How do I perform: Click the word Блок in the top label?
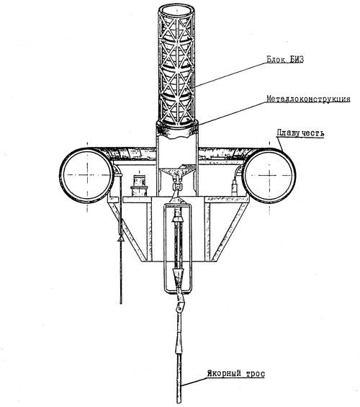click(x=276, y=60)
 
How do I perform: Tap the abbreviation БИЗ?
click(x=296, y=60)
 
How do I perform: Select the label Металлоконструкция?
click(x=308, y=99)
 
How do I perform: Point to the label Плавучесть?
click(x=300, y=133)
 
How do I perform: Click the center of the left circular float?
click(x=87, y=175)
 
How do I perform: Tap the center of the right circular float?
click(x=269, y=176)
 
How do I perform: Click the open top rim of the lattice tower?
click(x=177, y=11)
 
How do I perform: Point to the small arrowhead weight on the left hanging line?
click(x=121, y=238)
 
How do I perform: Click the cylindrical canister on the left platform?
click(x=139, y=185)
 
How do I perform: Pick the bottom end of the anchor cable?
click(x=179, y=402)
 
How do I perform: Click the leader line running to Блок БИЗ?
click(x=231, y=74)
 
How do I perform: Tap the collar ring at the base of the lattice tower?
click(x=177, y=129)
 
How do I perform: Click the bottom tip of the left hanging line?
click(x=121, y=303)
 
